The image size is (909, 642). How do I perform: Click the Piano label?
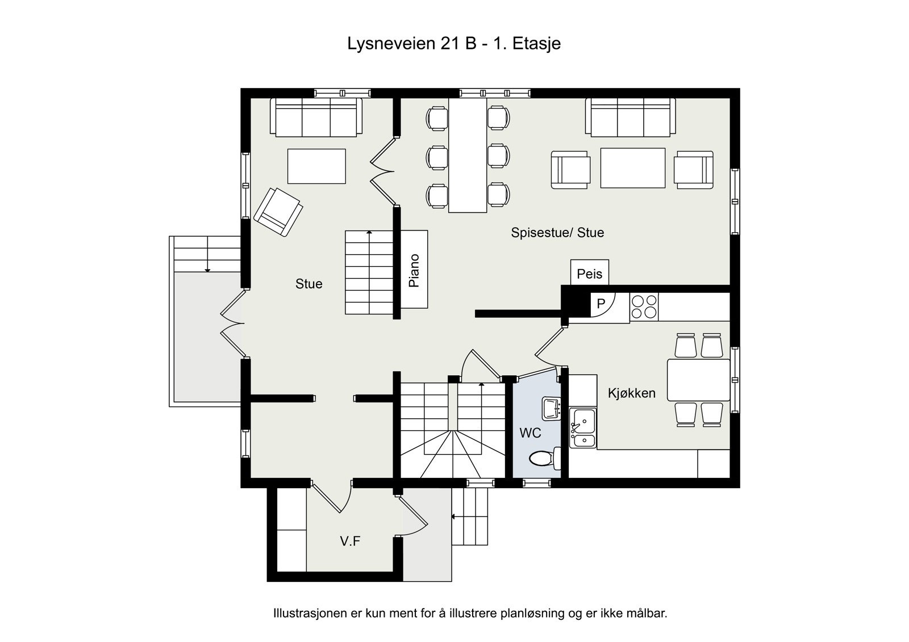point(414,270)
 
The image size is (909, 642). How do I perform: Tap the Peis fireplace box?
point(590,274)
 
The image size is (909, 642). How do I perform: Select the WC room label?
point(530,433)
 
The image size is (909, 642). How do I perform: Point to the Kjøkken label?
point(632,393)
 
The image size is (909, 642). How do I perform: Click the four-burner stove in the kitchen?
point(644,307)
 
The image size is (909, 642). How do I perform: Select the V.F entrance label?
point(350,541)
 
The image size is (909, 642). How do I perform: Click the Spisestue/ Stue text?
point(557,232)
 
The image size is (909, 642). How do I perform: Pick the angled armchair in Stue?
point(278,212)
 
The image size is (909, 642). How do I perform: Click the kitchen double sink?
point(583,428)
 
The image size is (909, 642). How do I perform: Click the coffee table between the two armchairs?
point(633,167)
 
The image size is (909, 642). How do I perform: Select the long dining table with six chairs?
point(468,155)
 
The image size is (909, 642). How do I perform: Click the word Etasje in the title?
point(536,44)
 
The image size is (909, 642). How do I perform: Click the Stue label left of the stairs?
point(308,284)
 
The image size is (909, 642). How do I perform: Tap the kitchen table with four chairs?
point(698,380)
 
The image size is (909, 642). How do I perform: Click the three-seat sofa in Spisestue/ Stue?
point(631,118)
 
